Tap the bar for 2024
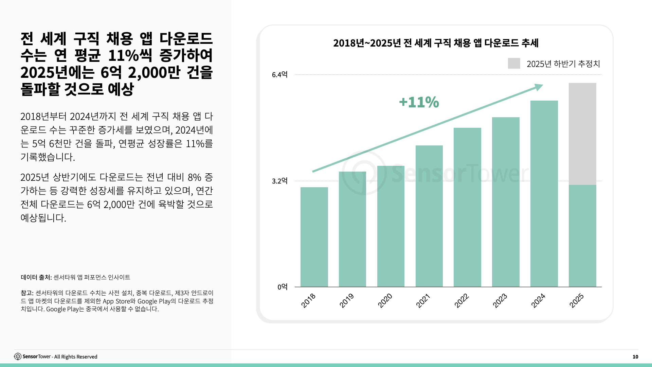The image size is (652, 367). coord(544,194)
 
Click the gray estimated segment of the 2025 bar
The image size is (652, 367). coord(582,134)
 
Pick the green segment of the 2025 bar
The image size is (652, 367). coord(582,236)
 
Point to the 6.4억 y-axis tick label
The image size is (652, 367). coord(279,75)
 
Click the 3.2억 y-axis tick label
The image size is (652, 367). coord(279,181)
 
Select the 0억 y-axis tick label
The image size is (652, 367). coord(282,287)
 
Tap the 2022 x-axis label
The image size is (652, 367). coord(462,300)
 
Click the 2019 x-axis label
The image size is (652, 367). coord(347,300)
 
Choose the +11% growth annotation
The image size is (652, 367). coord(419,102)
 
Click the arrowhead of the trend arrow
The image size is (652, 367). coord(539,87)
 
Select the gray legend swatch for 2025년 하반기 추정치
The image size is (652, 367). coord(514,64)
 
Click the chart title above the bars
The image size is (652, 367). coord(436,43)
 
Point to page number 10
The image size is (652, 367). coord(635,357)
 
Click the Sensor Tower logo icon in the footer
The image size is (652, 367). coord(18,356)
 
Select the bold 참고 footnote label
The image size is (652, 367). coord(27,293)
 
